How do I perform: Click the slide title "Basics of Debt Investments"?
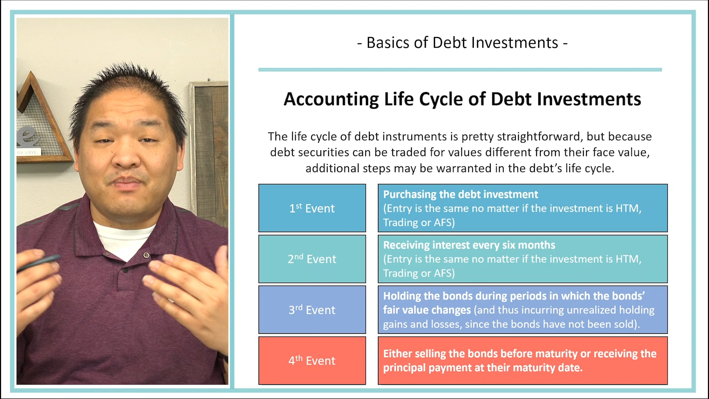tap(462, 43)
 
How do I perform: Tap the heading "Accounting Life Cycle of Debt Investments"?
tap(462, 99)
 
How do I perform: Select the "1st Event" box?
tap(312, 208)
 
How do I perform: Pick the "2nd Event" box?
tap(312, 259)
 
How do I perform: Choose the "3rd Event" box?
tap(312, 310)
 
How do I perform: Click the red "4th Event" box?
tap(312, 360)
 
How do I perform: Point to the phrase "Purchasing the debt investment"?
tap(460, 194)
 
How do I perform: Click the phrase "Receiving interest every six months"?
tap(469, 245)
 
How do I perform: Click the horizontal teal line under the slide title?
tap(460, 69)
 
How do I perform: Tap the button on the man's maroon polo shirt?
tap(147, 255)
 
